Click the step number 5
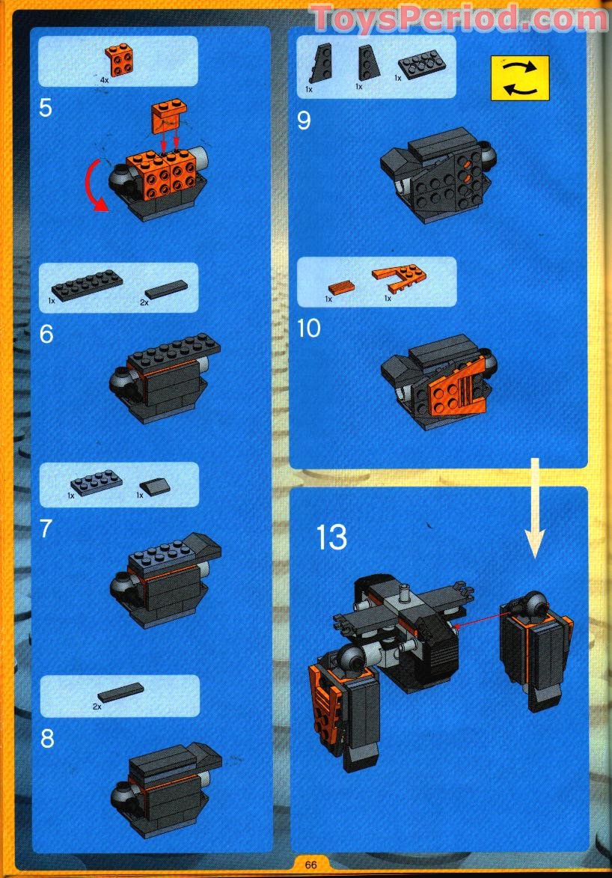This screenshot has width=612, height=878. pyautogui.click(x=46, y=108)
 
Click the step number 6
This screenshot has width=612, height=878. pyautogui.click(x=46, y=334)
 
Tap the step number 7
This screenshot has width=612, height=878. pyautogui.click(x=46, y=528)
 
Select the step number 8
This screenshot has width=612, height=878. pyautogui.click(x=46, y=739)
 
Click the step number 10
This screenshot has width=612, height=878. pyautogui.click(x=308, y=328)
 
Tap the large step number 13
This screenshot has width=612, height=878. pyautogui.click(x=331, y=537)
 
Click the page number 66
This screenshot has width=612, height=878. pyautogui.click(x=310, y=865)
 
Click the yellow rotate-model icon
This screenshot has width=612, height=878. pyautogui.click(x=520, y=78)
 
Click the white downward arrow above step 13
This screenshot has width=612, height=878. pyautogui.click(x=536, y=516)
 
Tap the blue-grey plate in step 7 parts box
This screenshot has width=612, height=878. pyautogui.click(x=92, y=484)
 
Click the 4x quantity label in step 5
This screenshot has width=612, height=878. pyautogui.click(x=104, y=78)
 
